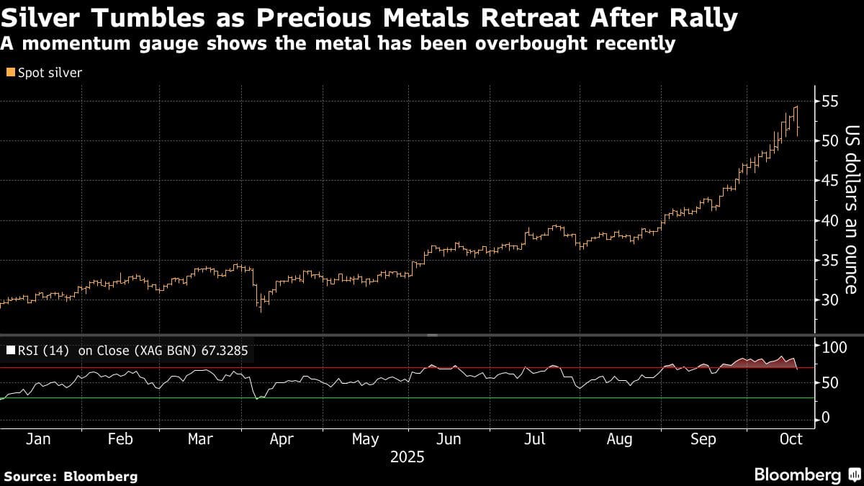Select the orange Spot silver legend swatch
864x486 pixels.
coord(10,73)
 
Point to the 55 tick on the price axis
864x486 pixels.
coord(830,101)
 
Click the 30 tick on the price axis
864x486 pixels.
coord(830,300)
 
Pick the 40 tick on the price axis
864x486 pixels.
coord(830,220)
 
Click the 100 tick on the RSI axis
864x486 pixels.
coord(834,348)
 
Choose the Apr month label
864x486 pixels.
coord(282,438)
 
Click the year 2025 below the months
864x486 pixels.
coord(408,457)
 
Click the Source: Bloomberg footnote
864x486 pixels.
coord(71,476)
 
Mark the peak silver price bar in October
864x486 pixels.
coord(796,107)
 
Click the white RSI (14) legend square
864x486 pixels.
coord(10,351)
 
